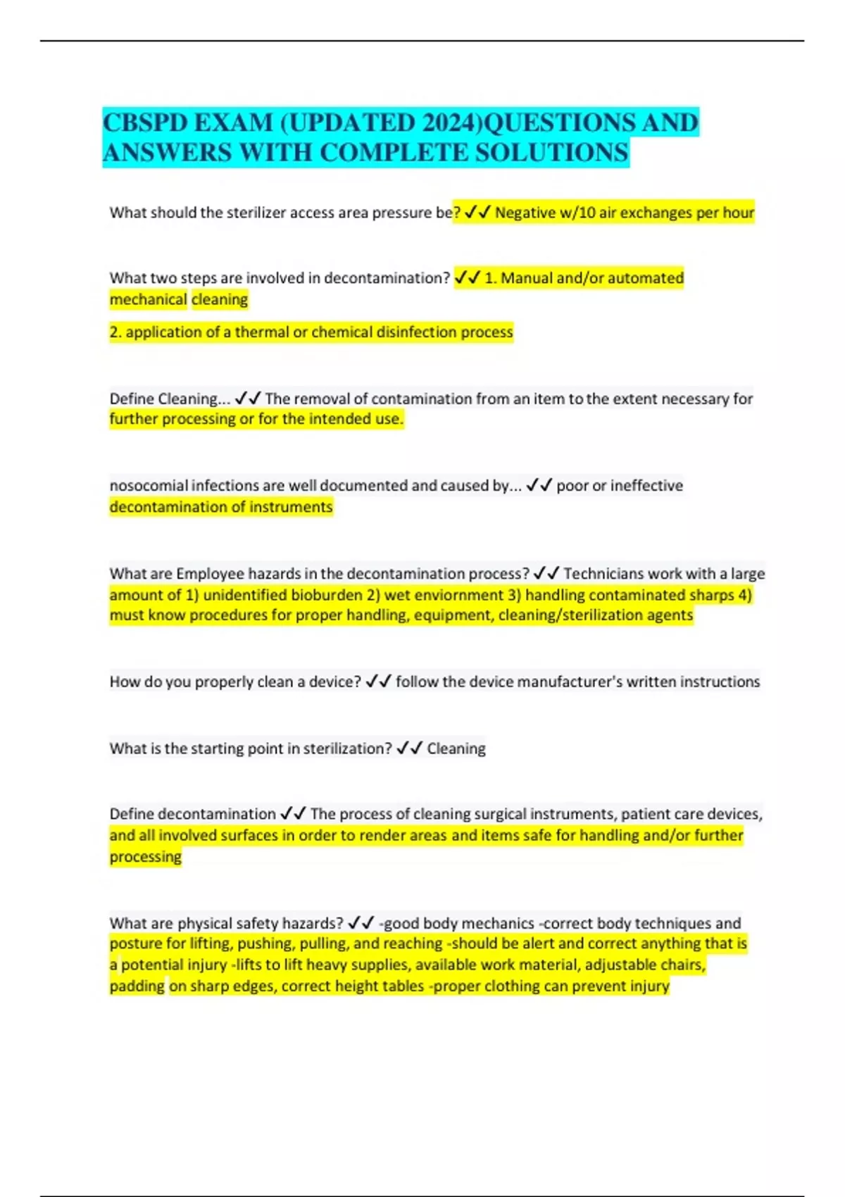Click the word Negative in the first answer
tap(525, 213)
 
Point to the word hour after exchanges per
tap(738, 213)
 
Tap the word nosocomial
tap(148, 485)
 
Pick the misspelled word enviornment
tap(444, 595)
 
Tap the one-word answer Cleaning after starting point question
tap(456, 748)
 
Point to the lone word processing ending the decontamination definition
tap(145, 857)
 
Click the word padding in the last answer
tap(137, 986)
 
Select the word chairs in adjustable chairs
tap(683, 965)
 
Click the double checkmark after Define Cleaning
tap(247, 399)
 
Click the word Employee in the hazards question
tap(208, 573)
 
